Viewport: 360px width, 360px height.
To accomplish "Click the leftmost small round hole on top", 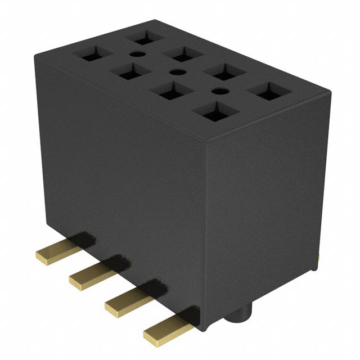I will pos(134,55).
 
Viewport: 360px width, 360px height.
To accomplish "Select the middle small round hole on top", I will pos(177,72).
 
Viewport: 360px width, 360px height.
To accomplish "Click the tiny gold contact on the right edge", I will pos(319,256).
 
